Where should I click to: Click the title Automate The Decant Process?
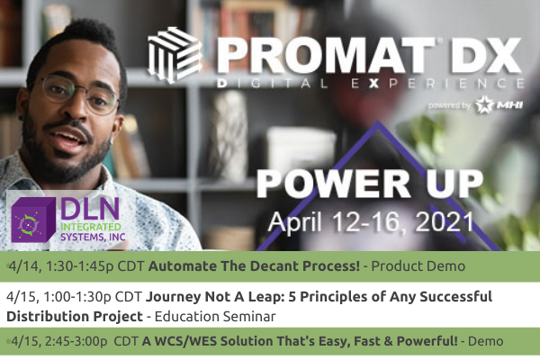coord(254,266)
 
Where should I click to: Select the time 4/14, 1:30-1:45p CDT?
coord(75,266)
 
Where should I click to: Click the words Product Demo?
coord(418,266)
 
